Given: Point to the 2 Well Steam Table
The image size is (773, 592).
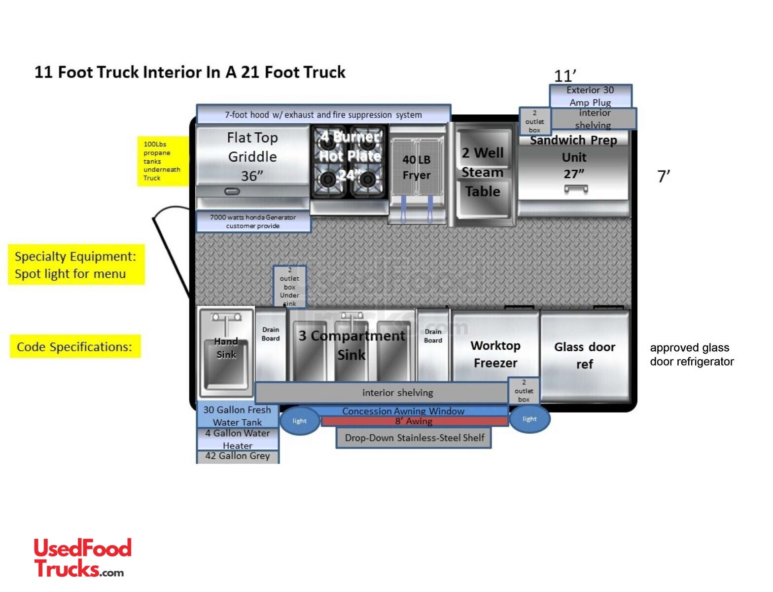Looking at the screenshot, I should coord(483,173).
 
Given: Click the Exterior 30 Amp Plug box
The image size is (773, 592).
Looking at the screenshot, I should coord(590,96).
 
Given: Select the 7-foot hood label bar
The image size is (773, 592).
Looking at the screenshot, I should coord(323,114).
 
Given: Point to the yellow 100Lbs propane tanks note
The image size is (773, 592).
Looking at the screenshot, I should coord(162,161).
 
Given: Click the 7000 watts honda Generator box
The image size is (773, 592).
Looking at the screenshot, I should coord(253,222).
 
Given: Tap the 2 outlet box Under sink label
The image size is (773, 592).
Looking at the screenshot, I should coord(289,287).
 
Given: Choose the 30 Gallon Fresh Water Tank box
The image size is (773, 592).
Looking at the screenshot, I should coord(238,416).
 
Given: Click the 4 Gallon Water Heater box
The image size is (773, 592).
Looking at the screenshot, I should coord(238,439).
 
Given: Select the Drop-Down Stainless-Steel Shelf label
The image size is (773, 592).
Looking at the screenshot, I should coord(414,438).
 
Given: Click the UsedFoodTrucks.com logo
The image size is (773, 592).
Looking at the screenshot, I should coord(82,557).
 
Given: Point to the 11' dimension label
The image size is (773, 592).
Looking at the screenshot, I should coord(565,76).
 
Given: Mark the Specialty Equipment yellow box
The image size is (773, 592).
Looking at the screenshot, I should coord(76,265).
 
